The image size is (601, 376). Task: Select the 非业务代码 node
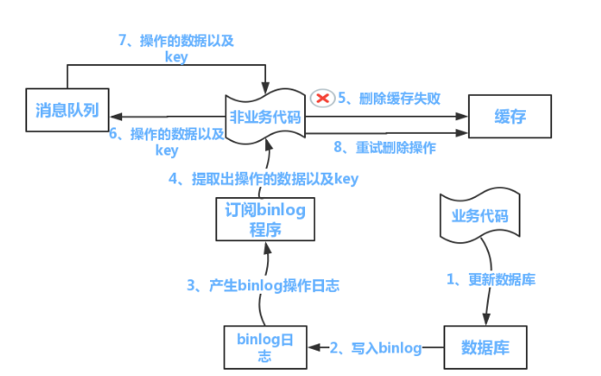[264, 116]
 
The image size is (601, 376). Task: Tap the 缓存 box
[510, 117]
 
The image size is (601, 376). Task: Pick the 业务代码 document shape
[480, 217]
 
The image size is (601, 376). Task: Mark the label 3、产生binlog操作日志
[263, 286]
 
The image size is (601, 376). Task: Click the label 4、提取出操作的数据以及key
[263, 179]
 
